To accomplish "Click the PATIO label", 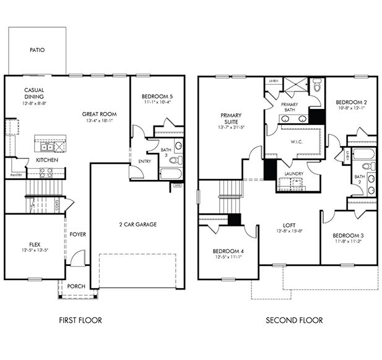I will pyautogui.click(x=38, y=50).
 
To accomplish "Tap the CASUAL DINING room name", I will pyautogui.click(x=34, y=93).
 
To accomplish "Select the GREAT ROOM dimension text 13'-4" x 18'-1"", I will pyautogui.click(x=100, y=121).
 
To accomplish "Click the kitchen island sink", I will pyautogui.click(x=47, y=147).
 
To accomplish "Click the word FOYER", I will pyautogui.click(x=77, y=234).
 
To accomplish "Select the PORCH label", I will pyautogui.click(x=77, y=286).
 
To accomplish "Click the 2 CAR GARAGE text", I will pyautogui.click(x=138, y=223).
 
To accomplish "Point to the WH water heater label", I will pyautogui.click(x=177, y=184).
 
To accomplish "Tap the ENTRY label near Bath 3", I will pyautogui.click(x=145, y=161).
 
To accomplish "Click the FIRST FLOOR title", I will pyautogui.click(x=80, y=320).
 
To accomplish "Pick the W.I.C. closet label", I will pyautogui.click(x=295, y=141).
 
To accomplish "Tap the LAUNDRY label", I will pyautogui.click(x=293, y=174).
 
